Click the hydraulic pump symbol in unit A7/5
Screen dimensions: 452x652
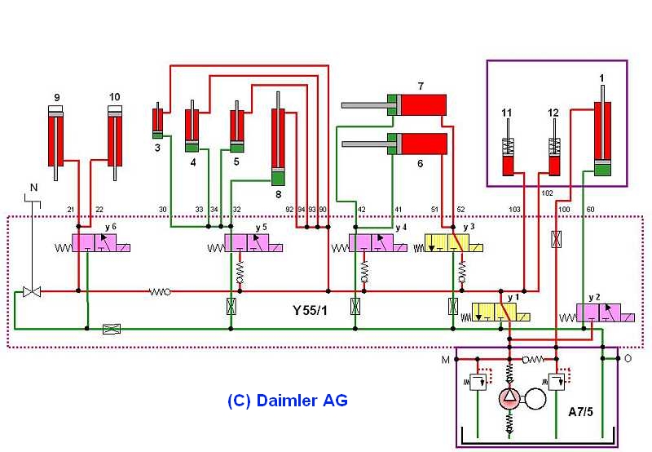510,399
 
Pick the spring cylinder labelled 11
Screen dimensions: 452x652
507,155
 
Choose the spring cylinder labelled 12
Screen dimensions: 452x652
555,155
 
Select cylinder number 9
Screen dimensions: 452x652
56,139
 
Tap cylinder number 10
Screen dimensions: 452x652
115,139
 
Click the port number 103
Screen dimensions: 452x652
514,210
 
